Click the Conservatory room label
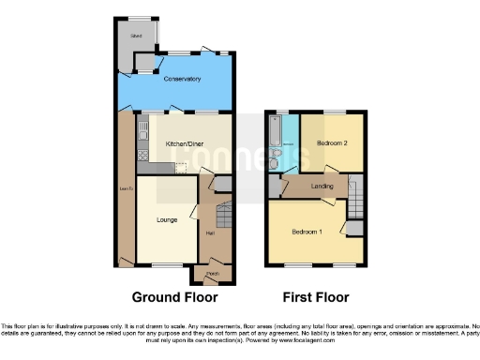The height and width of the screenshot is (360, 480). pyautogui.click(x=182, y=80)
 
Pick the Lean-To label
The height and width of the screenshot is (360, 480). pyautogui.click(x=125, y=193)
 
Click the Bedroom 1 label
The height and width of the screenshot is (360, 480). pyautogui.click(x=306, y=232)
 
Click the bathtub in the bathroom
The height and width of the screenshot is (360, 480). pyautogui.click(x=276, y=141)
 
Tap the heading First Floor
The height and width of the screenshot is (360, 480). pyautogui.click(x=316, y=297)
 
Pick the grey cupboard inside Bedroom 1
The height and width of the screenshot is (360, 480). pyautogui.click(x=352, y=227)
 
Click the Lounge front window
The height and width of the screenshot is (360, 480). pyautogui.click(x=167, y=265)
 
